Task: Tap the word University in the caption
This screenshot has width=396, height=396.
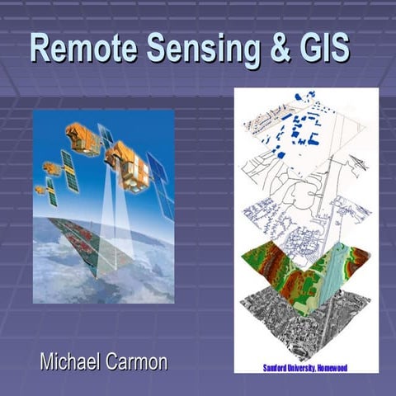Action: [306, 364]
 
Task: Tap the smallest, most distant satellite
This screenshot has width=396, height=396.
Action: [40, 190]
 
